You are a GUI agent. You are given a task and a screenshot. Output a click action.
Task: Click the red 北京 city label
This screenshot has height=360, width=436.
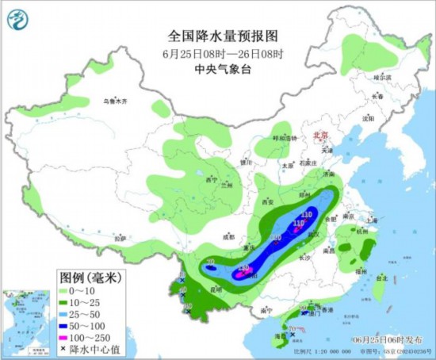click(321, 136)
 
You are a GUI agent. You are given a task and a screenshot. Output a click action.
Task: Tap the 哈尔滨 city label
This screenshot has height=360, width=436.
click(382, 78)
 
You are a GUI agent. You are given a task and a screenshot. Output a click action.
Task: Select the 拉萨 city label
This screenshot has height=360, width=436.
click(120, 237)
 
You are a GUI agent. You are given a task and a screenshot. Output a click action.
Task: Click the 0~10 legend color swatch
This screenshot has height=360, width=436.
click(67, 293)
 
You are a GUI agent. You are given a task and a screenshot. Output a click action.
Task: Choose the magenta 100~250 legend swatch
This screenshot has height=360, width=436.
click(67, 337)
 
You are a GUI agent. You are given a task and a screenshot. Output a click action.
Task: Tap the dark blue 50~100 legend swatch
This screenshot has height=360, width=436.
click(67, 326)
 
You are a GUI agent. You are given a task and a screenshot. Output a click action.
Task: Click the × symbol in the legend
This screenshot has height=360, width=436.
click(67, 348)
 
